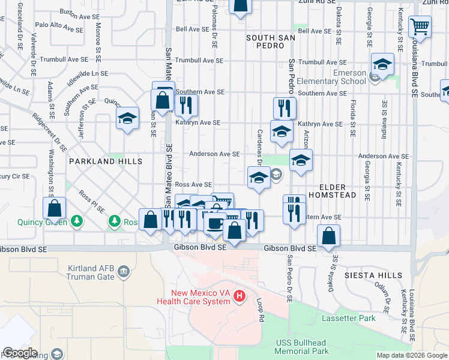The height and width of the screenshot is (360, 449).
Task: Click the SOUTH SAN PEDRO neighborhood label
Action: pos(273,42)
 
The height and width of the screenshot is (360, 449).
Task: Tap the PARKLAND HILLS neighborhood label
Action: pos(106,161)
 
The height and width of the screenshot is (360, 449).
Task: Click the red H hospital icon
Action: pos(240,296)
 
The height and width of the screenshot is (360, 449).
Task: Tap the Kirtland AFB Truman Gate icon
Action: pos(124,272)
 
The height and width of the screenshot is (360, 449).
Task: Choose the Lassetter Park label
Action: pos(348,318)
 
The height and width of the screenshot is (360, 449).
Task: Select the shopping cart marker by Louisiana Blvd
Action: pos(420,27)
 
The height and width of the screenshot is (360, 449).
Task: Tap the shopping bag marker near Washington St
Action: pos(54,209)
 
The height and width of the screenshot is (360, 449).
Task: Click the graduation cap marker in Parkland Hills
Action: pos(128,119)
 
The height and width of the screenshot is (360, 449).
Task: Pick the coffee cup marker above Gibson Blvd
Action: pos(214,223)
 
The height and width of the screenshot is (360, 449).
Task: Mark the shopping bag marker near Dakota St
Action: pos(328,236)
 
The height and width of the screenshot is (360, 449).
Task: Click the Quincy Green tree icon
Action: pos(76,222)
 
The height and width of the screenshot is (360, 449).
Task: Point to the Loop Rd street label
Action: pos(261,310)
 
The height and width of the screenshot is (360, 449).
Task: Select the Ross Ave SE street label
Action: pos(193,185)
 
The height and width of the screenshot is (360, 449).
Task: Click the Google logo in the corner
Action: pos(20,353)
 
